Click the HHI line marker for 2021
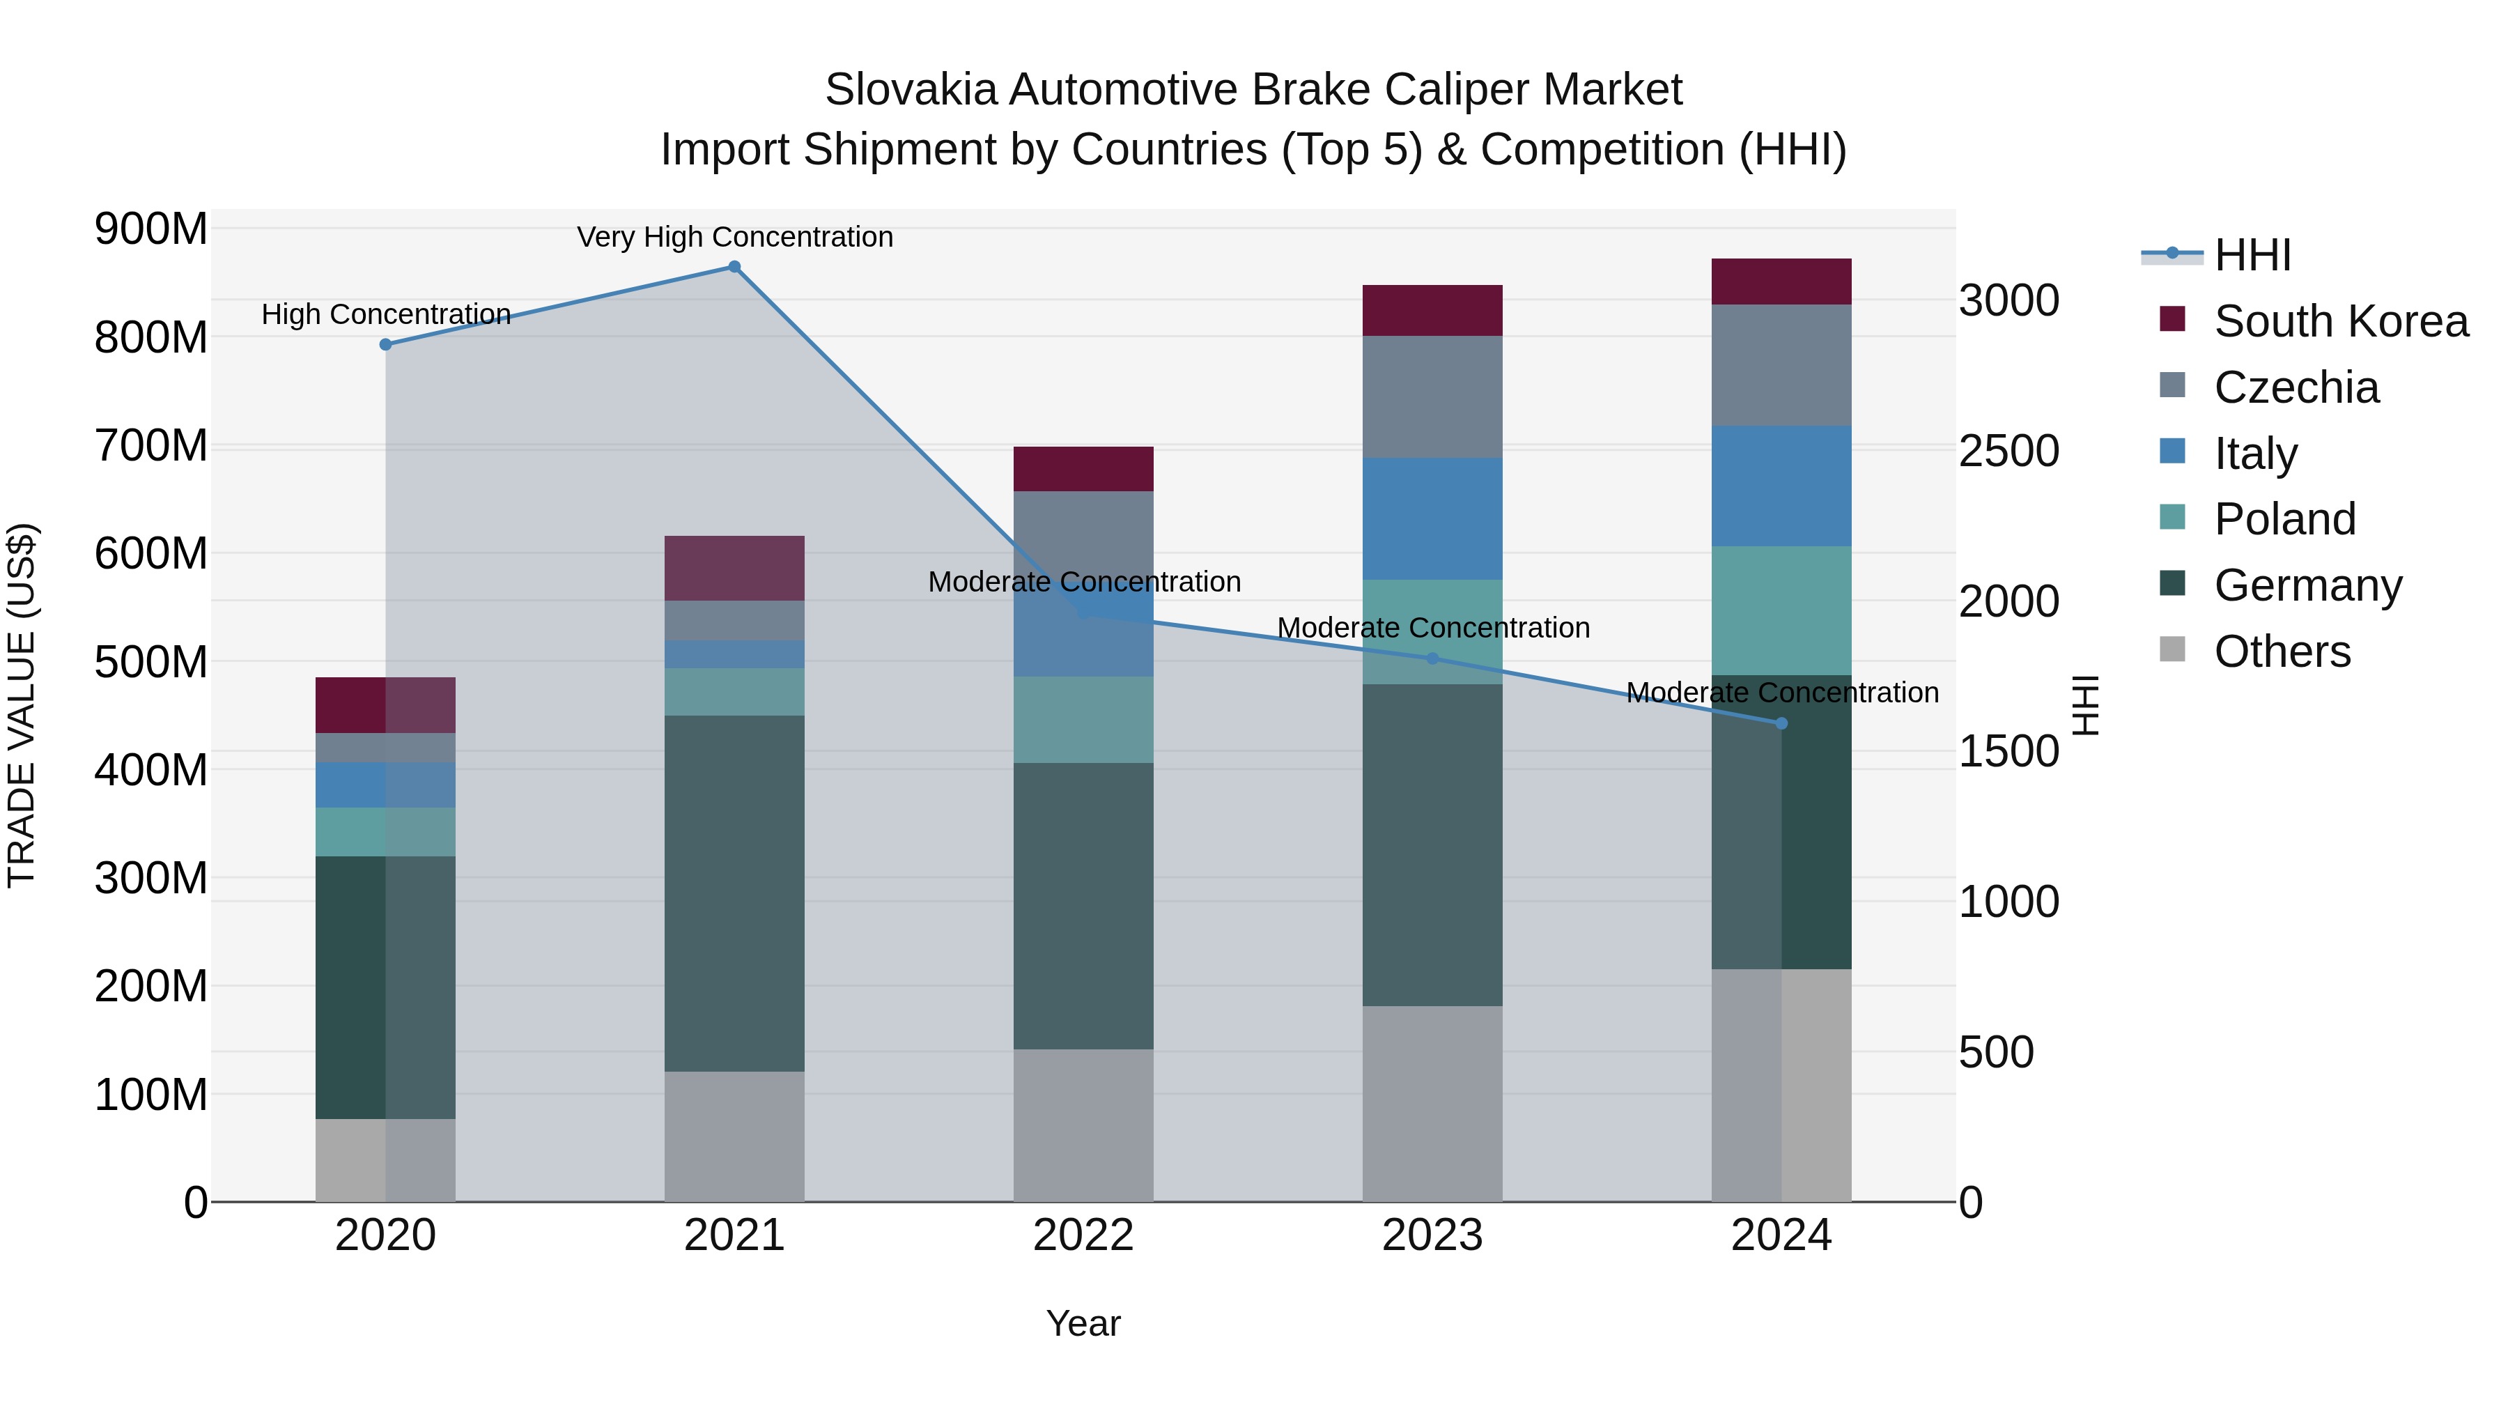734,267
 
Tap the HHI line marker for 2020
385,345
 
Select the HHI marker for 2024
1781,723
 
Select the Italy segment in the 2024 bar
1781,486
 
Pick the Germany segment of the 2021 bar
734,893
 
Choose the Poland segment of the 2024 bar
1781,610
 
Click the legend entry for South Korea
2341,321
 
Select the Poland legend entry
2284,519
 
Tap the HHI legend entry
2252,255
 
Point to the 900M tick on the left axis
151,230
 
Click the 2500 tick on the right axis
2008,451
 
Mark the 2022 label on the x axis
1083,1235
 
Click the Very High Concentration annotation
734,237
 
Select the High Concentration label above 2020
385,314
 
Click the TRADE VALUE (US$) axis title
22,705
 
